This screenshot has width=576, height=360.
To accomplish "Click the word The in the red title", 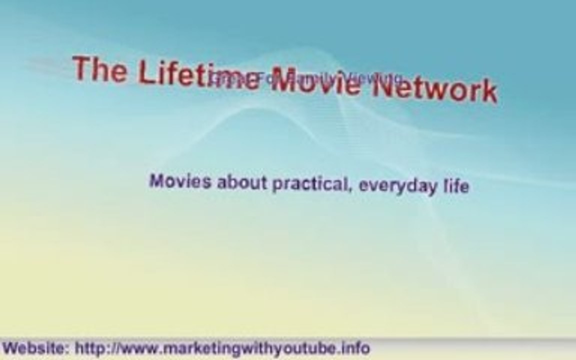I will coord(99,69).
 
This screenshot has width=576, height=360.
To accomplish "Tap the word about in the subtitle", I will coord(242,182).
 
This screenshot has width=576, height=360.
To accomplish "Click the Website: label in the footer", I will coord(36,347).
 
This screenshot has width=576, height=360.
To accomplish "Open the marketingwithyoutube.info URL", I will coord(222,348).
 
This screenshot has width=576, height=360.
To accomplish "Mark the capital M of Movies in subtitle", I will coord(156,180).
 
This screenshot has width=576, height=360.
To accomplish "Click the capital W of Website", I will coord(10,347).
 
